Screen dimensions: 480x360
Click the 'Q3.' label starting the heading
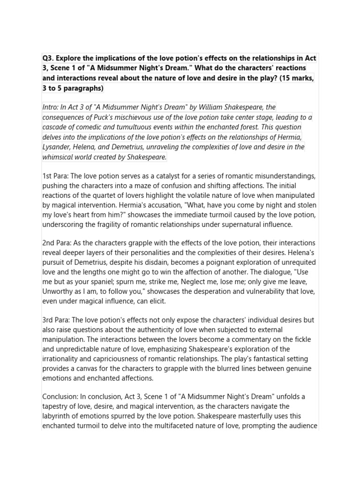click(x=49, y=58)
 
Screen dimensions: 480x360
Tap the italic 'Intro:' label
click(x=51, y=107)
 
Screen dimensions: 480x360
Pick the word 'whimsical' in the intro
click(x=59, y=157)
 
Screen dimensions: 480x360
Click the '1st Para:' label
click(x=55, y=176)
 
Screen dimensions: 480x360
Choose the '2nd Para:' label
click(x=56, y=243)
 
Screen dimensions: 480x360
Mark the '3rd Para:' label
click(x=56, y=320)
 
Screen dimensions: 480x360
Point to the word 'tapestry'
click(x=57, y=407)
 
